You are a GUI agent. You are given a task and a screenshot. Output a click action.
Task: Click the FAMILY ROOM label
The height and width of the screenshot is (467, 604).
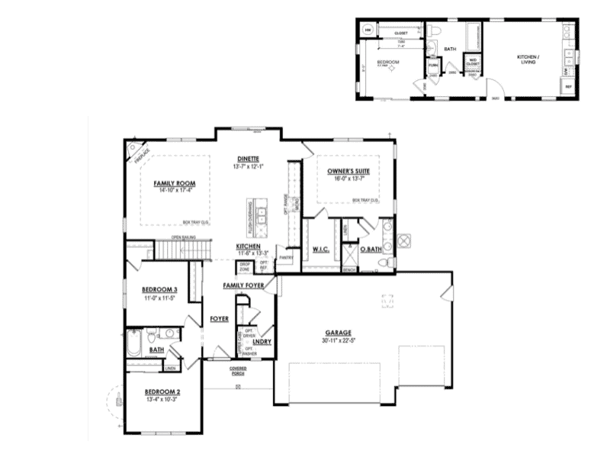[175, 183]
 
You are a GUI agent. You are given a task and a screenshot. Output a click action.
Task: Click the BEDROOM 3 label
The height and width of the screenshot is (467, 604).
[160, 289]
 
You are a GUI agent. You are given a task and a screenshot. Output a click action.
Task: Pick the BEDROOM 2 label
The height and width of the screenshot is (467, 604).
[162, 392]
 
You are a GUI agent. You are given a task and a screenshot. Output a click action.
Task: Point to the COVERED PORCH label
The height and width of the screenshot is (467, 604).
[238, 371]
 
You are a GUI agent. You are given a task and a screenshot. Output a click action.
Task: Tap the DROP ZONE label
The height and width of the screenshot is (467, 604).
[245, 267]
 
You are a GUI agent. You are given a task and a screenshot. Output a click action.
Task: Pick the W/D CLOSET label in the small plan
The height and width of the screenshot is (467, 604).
[473, 63]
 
